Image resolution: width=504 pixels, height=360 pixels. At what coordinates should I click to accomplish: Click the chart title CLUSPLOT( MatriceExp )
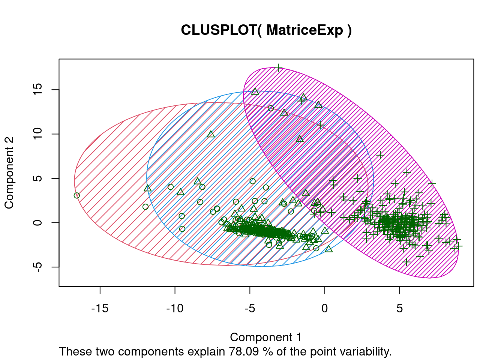click(x=266, y=30)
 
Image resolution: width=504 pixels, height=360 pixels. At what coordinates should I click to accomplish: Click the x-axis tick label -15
click(x=100, y=309)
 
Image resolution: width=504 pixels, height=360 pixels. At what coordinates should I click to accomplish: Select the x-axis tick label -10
click(x=175, y=309)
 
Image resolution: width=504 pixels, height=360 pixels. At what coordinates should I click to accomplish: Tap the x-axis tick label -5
click(x=250, y=309)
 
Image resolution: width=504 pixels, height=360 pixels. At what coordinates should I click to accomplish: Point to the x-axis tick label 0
click(x=325, y=309)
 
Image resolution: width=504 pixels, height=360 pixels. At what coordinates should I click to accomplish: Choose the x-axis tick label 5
click(x=400, y=309)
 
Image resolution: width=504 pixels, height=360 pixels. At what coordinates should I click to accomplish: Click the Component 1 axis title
click(x=265, y=337)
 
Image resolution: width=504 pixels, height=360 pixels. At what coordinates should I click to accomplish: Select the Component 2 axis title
click(x=9, y=172)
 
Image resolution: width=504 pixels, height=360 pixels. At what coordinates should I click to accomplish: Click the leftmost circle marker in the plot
click(x=77, y=195)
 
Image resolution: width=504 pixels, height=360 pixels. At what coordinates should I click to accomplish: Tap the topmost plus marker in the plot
click(x=278, y=68)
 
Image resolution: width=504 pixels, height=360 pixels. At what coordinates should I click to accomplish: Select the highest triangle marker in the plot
click(x=255, y=91)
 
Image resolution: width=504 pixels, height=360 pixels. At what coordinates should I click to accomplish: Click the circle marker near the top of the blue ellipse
click(x=271, y=108)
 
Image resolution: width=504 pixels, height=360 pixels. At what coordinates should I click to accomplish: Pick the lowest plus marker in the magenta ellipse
click(x=406, y=262)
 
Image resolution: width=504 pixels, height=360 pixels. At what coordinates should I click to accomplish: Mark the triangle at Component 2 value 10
click(x=211, y=134)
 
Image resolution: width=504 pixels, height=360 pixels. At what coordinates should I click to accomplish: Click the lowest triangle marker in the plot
click(x=329, y=249)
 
